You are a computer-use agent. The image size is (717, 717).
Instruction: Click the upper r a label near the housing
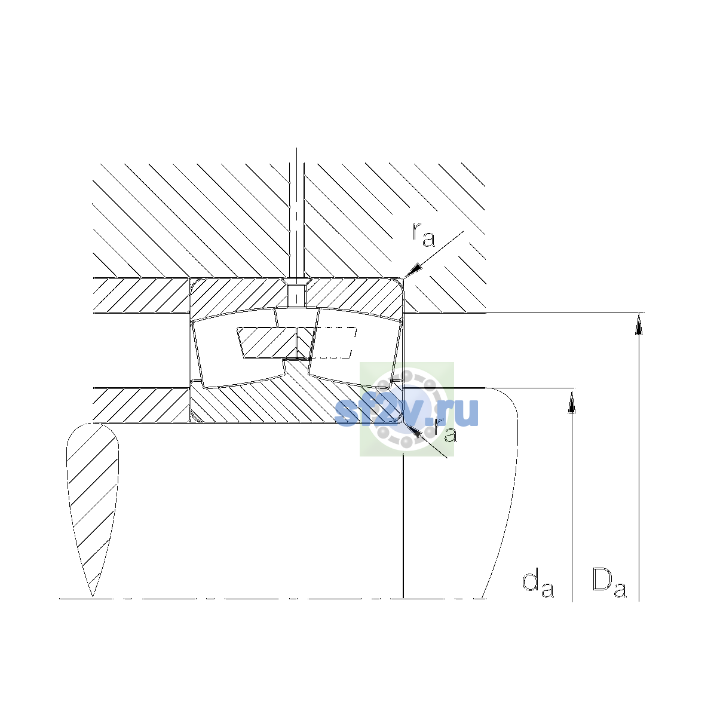(x=423, y=235)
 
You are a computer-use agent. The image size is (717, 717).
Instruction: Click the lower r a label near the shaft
(x=445, y=430)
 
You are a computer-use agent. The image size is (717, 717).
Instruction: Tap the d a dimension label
(x=538, y=584)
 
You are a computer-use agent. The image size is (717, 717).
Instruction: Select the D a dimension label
(x=609, y=583)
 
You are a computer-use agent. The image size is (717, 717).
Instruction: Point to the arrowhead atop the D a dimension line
(x=639, y=323)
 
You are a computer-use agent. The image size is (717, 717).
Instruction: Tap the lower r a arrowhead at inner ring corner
(x=413, y=430)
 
